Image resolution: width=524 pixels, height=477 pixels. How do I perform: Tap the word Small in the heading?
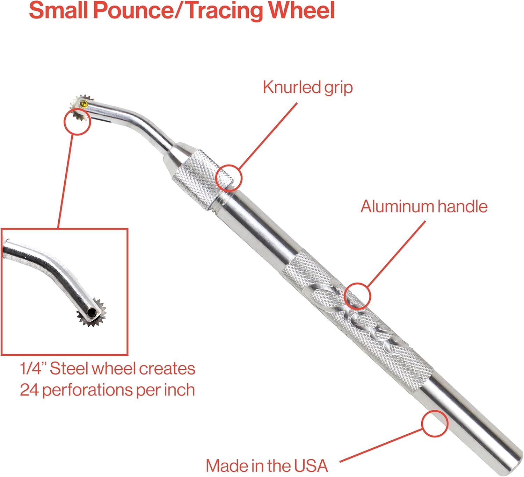(x=58, y=10)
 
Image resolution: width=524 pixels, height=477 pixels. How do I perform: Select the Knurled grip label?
(x=308, y=87)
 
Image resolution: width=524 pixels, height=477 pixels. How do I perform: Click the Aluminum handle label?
(x=424, y=207)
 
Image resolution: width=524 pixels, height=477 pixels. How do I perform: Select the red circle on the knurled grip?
(x=229, y=178)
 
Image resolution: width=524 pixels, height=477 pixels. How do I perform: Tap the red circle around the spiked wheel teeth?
(x=77, y=121)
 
